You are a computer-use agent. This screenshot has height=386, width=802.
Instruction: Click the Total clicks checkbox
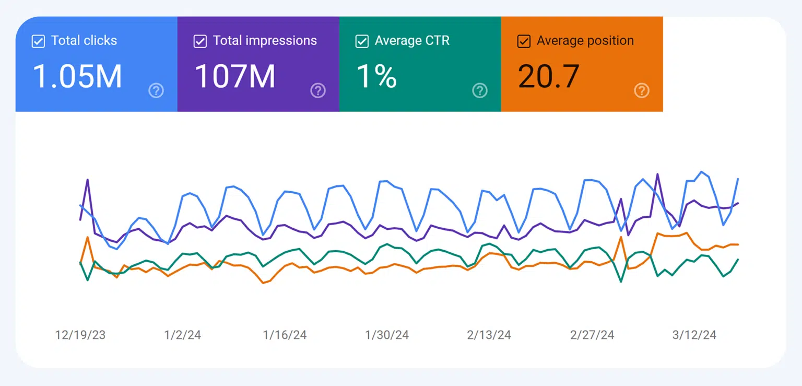click(38, 41)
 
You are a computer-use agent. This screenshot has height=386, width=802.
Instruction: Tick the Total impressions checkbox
click(200, 41)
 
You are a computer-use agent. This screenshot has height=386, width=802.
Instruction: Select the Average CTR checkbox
click(362, 41)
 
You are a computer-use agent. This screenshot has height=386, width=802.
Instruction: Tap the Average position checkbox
click(524, 41)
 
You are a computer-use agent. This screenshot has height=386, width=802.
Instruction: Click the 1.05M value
click(77, 76)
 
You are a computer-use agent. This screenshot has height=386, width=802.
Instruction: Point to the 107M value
click(235, 76)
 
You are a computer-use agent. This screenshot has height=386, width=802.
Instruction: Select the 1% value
click(376, 76)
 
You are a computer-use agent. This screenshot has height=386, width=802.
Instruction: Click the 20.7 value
click(549, 76)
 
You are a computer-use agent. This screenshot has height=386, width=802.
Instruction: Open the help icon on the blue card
click(156, 91)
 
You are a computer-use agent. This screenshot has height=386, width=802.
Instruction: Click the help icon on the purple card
click(318, 91)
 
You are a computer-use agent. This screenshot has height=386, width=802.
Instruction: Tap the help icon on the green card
click(480, 91)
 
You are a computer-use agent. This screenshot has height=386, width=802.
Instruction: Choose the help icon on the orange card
click(642, 91)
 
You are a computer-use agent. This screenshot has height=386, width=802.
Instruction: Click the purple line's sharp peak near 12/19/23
click(87, 180)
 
